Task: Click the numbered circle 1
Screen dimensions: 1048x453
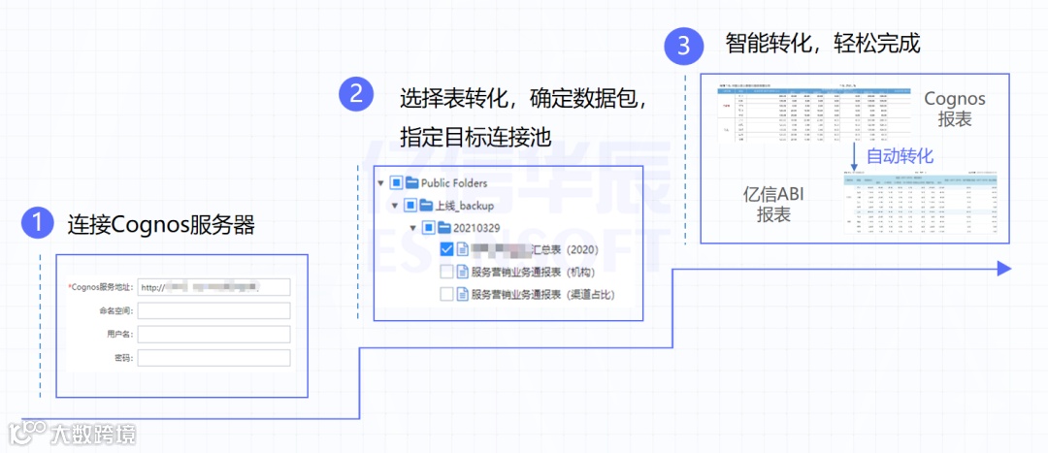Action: click(37, 224)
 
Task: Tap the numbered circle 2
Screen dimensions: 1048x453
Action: click(356, 94)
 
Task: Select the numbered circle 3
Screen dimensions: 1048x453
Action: click(683, 46)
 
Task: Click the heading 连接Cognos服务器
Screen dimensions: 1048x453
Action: click(161, 225)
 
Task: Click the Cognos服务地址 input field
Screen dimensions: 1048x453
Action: click(213, 287)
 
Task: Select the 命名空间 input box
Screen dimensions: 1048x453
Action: click(213, 310)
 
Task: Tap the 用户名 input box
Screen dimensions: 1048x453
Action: click(213, 334)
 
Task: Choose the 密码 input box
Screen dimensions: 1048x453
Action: click(213, 358)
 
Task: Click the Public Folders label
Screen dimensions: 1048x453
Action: click(454, 182)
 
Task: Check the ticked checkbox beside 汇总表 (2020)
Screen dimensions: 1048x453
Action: click(446, 249)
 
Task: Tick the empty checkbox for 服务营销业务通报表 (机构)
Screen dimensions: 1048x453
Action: click(446, 272)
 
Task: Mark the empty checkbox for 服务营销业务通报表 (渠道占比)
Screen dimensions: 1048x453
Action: click(446, 294)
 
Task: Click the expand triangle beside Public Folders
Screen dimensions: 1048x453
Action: click(380, 182)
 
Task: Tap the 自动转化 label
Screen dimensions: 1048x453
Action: click(900, 156)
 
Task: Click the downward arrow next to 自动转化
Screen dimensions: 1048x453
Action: click(853, 155)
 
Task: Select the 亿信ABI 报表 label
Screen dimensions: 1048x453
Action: click(773, 205)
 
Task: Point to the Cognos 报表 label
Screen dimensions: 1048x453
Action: click(955, 109)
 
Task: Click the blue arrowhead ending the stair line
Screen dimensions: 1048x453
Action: click(1003, 269)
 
